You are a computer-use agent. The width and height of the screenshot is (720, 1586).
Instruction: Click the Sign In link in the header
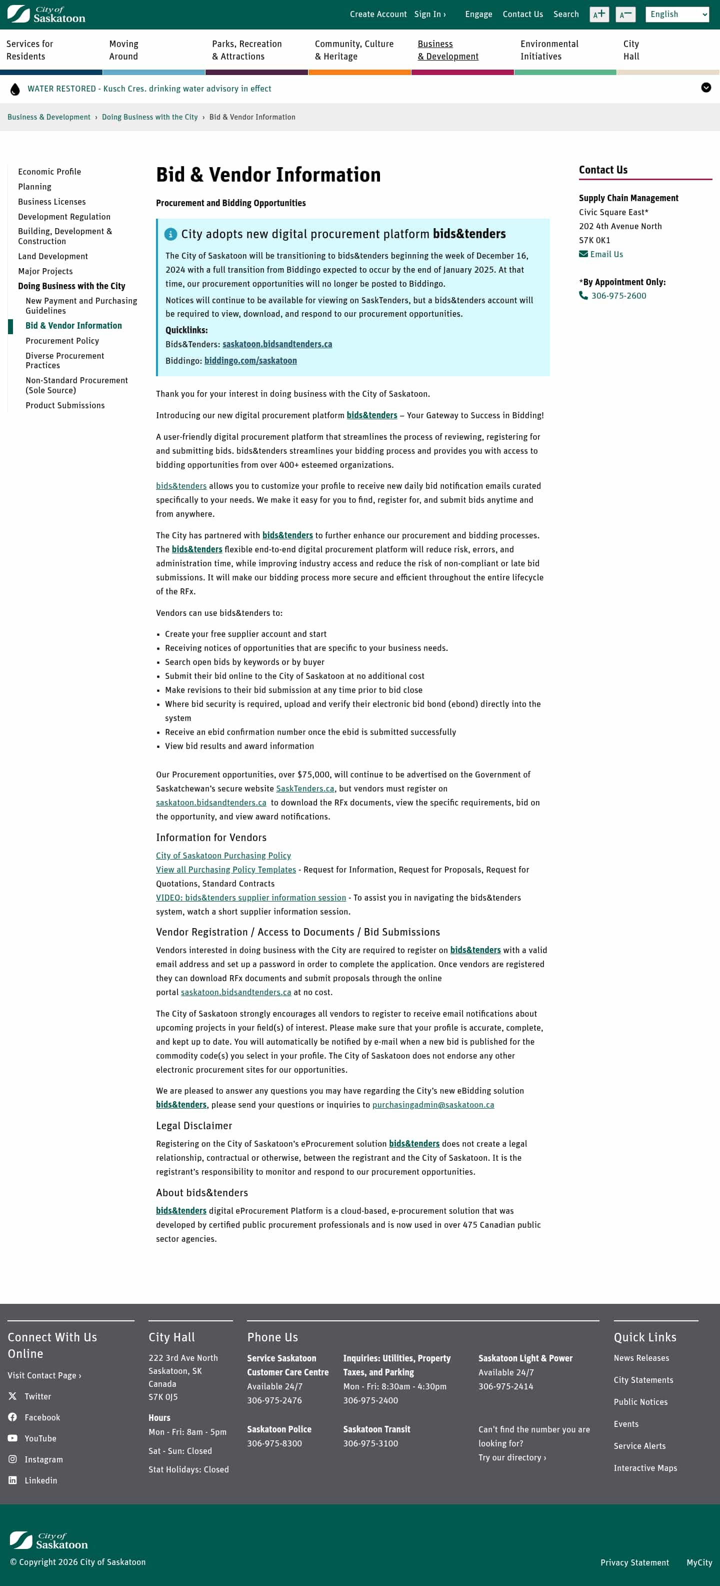point(429,14)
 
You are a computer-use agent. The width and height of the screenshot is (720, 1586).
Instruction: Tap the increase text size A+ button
point(599,14)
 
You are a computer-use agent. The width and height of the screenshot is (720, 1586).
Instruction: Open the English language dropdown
point(677,14)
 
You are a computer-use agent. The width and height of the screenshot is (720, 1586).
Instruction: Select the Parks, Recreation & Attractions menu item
point(247,50)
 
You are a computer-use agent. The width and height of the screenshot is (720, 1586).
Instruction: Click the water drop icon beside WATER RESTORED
point(15,89)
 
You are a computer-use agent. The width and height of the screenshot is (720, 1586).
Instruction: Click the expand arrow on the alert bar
point(706,88)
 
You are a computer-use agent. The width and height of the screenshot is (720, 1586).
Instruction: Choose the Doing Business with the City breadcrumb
point(149,117)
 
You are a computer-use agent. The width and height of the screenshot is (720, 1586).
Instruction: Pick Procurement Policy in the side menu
point(62,341)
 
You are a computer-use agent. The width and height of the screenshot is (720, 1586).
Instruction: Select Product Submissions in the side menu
point(65,405)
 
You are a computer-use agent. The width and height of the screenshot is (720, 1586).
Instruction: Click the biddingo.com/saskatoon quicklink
point(250,361)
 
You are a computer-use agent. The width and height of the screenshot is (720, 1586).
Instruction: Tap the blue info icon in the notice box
point(170,234)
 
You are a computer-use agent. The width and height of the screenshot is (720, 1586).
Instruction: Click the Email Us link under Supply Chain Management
point(606,254)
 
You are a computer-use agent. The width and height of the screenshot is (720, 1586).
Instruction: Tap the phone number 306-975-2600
point(618,296)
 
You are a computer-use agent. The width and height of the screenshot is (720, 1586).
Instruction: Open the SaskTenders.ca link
point(305,788)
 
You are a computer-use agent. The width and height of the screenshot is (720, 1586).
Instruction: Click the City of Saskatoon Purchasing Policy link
point(223,856)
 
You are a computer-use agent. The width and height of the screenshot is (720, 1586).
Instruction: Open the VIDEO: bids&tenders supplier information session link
point(251,898)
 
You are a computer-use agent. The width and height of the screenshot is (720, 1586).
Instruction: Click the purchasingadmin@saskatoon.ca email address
point(433,1105)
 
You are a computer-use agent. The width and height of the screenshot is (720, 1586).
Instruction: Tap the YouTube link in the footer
point(40,1438)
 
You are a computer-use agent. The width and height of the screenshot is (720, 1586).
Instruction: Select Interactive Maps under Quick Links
point(645,1468)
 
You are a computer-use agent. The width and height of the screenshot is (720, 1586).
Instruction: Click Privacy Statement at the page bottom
point(634,1562)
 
